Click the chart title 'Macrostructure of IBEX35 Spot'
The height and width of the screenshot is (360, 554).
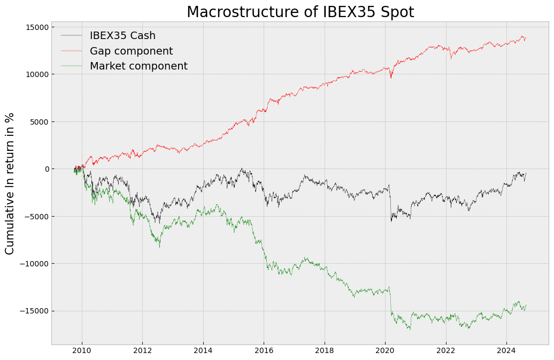tap(300, 12)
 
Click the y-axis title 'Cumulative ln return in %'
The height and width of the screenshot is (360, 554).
tap(10, 183)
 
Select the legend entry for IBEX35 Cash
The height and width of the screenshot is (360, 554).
tap(122, 36)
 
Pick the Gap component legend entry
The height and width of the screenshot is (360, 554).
tap(131, 51)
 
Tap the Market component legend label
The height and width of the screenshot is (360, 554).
tap(138, 66)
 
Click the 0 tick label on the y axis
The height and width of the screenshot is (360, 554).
tap(45, 169)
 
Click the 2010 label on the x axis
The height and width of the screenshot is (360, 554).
tap(82, 351)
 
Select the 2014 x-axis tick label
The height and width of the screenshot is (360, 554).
tap(203, 351)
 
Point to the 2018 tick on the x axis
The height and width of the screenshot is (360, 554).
tap(325, 351)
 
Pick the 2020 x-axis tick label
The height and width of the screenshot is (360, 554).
tap(385, 351)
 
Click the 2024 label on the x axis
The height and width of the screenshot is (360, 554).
tap(506, 351)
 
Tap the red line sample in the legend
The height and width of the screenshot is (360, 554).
tap(72, 51)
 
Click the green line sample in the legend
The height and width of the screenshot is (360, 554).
tap(72, 66)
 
